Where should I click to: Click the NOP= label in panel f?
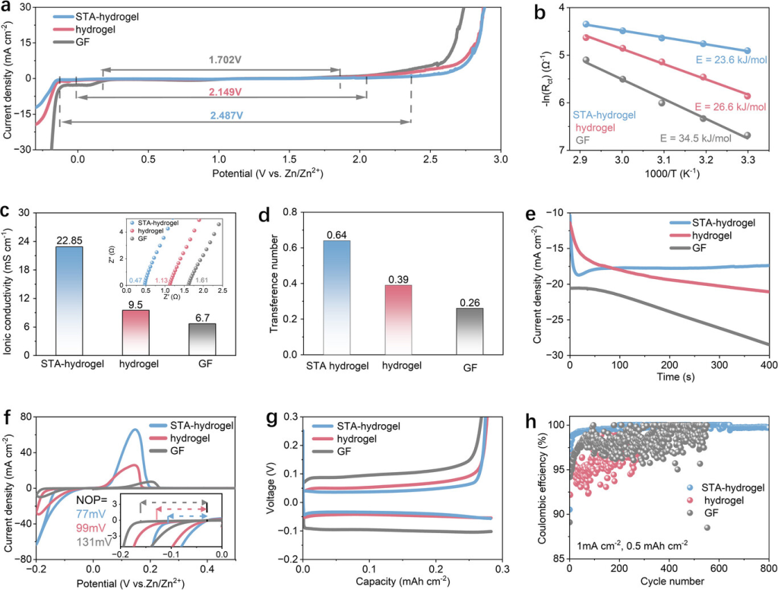(100, 500)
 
